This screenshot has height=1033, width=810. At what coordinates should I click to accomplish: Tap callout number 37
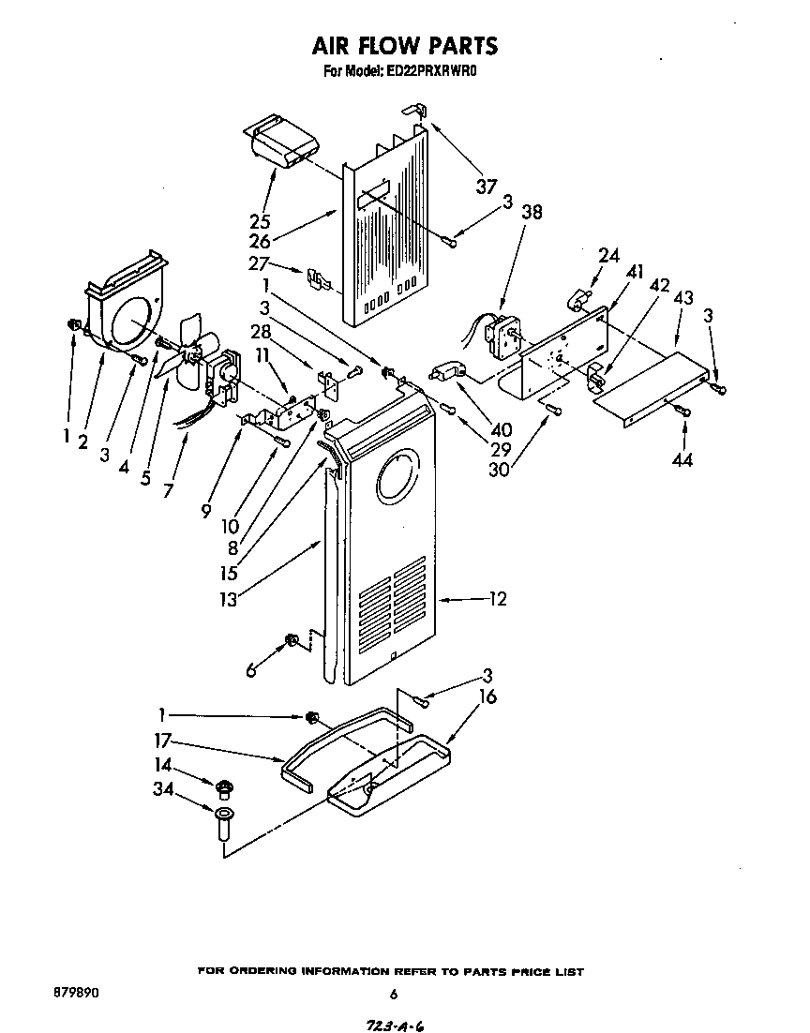click(x=486, y=187)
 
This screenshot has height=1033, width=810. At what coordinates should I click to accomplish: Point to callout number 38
click(x=531, y=212)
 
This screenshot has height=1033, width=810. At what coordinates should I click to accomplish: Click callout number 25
click(x=261, y=222)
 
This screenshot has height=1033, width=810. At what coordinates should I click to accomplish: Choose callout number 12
click(x=497, y=598)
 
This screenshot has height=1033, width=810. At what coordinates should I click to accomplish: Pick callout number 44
click(x=682, y=459)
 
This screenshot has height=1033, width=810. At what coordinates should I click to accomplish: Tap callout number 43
click(x=682, y=297)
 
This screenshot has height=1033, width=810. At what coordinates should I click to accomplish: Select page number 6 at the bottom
click(x=394, y=995)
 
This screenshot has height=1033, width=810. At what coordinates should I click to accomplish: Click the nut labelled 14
click(x=223, y=786)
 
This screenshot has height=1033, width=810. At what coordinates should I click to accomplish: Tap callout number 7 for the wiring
click(x=167, y=489)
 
